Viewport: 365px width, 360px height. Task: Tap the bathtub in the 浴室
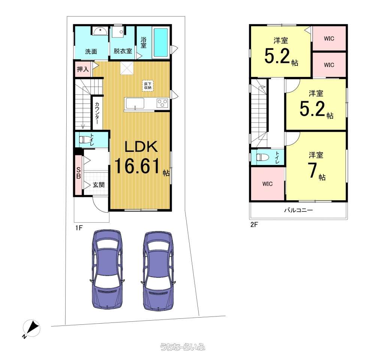click(x=161, y=43)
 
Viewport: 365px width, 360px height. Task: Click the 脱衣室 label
click(x=123, y=51)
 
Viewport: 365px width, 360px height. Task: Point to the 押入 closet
click(x=83, y=69)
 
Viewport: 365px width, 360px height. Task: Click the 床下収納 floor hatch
click(x=148, y=86)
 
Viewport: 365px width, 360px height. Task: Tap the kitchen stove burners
click(x=162, y=103)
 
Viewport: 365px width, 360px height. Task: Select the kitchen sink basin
click(x=135, y=103)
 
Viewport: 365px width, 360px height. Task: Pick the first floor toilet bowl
click(x=84, y=139)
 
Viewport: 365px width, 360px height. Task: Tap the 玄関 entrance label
click(x=99, y=185)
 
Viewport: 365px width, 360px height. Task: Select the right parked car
click(x=158, y=271)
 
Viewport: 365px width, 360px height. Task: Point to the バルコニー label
click(x=298, y=210)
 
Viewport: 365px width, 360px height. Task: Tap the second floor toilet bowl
click(x=262, y=157)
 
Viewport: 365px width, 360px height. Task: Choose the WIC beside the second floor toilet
click(x=268, y=184)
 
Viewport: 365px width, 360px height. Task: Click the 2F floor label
click(x=254, y=224)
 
